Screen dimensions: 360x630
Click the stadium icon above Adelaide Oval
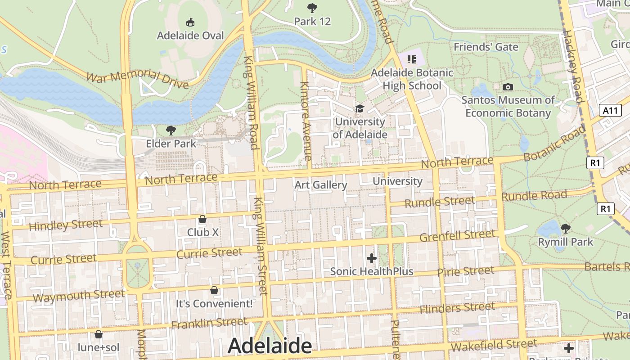pyautogui.click(x=190, y=22)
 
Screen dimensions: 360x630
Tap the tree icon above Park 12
pyautogui.click(x=311, y=8)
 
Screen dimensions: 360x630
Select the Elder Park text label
pyautogui.click(x=171, y=144)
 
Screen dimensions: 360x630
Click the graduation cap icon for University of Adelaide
pyautogui.click(x=359, y=108)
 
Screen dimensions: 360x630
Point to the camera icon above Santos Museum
pyautogui.click(x=508, y=87)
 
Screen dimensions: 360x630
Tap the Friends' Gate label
pyautogui.click(x=486, y=47)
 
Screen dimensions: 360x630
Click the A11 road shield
pyautogui.click(x=611, y=110)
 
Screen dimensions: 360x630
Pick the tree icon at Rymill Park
pyautogui.click(x=566, y=229)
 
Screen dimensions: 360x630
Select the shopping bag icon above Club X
pyautogui.click(x=202, y=219)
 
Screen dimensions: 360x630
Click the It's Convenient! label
pyautogui.click(x=214, y=303)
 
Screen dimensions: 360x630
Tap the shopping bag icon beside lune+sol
pyautogui.click(x=99, y=334)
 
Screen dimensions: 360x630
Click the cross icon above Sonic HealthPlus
pyautogui.click(x=371, y=258)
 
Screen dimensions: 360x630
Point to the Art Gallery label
pyautogui.click(x=320, y=185)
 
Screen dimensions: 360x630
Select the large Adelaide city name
pyautogui.click(x=270, y=346)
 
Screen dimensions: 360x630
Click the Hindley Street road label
pyautogui.click(x=65, y=225)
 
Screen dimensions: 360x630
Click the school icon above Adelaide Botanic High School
pyautogui.click(x=411, y=59)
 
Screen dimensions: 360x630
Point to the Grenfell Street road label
pyautogui.click(x=457, y=235)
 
